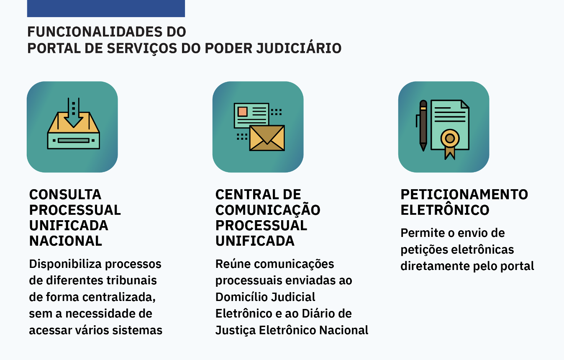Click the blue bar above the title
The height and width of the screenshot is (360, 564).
pyautogui.click(x=106, y=8)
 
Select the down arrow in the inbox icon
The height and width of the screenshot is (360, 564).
pyautogui.click(x=74, y=113)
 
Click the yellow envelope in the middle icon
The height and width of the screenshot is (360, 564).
pyautogui.click(x=267, y=138)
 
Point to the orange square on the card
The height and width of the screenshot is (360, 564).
pyautogui.click(x=243, y=111)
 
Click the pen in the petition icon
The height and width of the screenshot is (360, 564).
pyautogui.click(x=423, y=126)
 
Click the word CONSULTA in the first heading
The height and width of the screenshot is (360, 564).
pyautogui.click(x=65, y=195)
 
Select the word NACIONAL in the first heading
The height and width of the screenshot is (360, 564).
pyautogui.click(x=66, y=241)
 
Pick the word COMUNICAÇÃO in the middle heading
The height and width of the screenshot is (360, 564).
pyautogui.click(x=268, y=210)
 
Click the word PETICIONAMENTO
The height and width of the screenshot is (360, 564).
pyautogui.click(x=464, y=195)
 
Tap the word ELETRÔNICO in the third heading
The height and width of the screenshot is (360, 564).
pyautogui.click(x=445, y=210)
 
